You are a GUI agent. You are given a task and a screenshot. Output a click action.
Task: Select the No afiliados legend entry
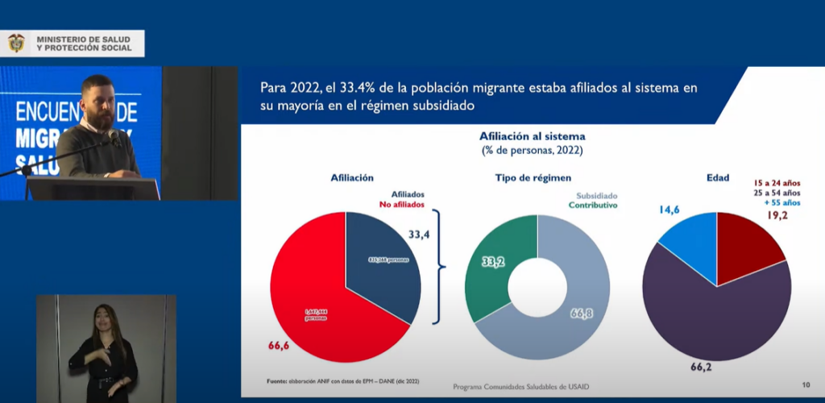coord(402,206)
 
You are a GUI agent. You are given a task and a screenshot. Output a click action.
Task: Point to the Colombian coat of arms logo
coord(16,44)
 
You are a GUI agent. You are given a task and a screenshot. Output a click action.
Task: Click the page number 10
coord(806,384)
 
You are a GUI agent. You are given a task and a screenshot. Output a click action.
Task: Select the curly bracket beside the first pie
coord(439,266)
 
